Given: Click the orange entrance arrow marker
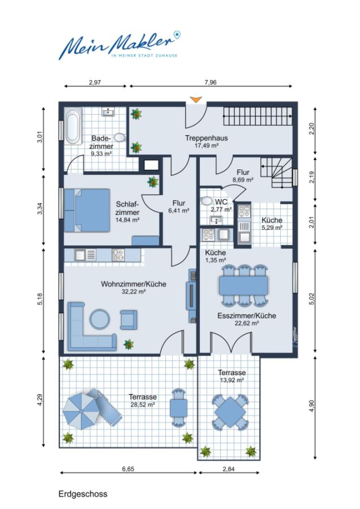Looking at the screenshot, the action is [196, 100].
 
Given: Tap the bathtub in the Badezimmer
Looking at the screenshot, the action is [73, 127].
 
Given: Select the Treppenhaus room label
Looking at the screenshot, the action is [206, 138].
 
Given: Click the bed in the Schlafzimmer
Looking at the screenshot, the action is [87, 210].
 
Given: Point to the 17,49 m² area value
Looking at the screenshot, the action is [206, 145].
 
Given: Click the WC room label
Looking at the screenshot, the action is [221, 202].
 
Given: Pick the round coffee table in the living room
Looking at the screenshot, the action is [99, 319].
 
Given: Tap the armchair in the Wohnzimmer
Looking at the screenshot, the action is [128, 320].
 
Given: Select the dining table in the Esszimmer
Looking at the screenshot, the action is [244, 286].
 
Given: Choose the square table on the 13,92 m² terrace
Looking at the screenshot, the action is [230, 412].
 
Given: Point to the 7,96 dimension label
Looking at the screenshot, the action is [210, 83].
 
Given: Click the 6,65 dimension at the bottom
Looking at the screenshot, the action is [128, 469].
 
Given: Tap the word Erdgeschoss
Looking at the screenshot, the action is [83, 494].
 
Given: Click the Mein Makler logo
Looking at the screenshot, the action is [119, 45].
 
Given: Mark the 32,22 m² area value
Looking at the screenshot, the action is [134, 291].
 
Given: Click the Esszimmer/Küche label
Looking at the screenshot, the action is [247, 316].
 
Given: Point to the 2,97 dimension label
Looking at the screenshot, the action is [95, 83].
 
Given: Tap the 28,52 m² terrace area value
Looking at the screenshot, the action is [142, 404].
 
